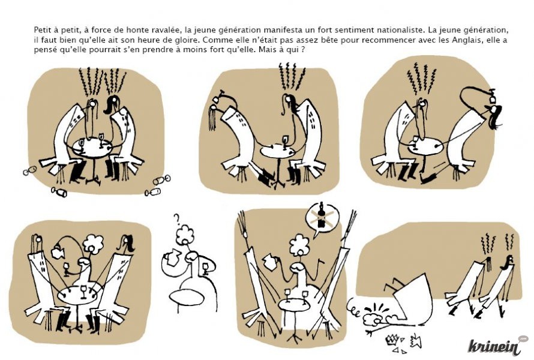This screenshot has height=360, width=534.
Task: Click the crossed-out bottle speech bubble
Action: click(x=320, y=217)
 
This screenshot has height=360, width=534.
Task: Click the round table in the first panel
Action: click(x=92, y=148)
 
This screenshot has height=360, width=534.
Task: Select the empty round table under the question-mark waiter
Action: click(x=187, y=296)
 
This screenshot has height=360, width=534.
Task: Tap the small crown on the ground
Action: click(x=392, y=340)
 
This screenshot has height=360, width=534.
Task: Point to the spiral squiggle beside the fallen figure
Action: click(x=354, y=308)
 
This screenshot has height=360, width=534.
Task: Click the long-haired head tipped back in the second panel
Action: click(x=214, y=118)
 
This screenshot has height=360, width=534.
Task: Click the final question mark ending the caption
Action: click(x=302, y=50)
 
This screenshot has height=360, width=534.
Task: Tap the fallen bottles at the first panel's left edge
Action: click(x=29, y=170)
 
